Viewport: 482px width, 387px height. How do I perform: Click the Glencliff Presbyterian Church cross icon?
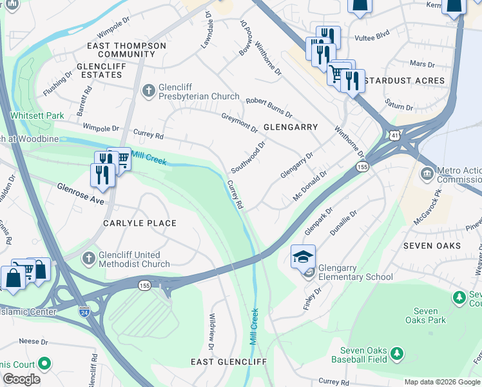pyautogui.click(x=148, y=90)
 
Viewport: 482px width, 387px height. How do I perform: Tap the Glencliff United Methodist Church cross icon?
pyautogui.click(x=90, y=258)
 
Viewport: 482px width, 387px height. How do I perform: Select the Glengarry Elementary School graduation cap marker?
pyautogui.click(x=303, y=257)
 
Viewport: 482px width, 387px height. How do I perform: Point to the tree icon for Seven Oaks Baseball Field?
pyautogui.click(x=397, y=353)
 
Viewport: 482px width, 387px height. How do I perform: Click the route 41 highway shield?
pyautogui.click(x=394, y=134)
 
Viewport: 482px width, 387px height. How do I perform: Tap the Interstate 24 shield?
pyautogui.click(x=84, y=312)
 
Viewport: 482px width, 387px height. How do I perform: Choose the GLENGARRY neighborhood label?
pyautogui.click(x=291, y=127)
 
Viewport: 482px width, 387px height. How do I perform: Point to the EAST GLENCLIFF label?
pyautogui.click(x=228, y=362)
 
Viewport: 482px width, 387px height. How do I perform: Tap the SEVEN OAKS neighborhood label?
pyautogui.click(x=432, y=246)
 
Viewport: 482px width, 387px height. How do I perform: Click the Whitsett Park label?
pyautogui.click(x=37, y=115)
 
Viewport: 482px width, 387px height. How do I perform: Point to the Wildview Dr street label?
pyautogui.click(x=211, y=328)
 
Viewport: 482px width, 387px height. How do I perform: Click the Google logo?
pyautogui.click(x=21, y=379)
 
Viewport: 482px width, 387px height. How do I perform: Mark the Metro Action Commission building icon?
pyautogui.click(x=427, y=174)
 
